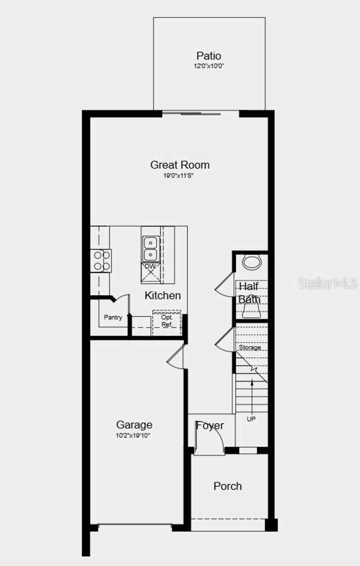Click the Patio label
[x=209, y=56]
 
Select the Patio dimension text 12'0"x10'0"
[x=209, y=66]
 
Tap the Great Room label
[x=180, y=165]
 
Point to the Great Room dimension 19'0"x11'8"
[x=178, y=175]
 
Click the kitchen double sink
[x=151, y=248]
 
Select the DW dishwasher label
[x=150, y=266]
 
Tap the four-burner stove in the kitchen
[x=101, y=261]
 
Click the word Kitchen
[x=163, y=295]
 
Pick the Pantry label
[x=113, y=317]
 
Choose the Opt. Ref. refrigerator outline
[x=167, y=322]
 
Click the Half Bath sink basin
[x=252, y=262]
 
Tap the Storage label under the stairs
[x=250, y=347]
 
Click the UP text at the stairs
[x=251, y=419]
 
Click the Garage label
[x=134, y=425]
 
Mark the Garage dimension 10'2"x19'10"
[x=133, y=436]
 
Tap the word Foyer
[x=210, y=426]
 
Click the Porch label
[x=228, y=486]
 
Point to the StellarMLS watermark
[x=328, y=283]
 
